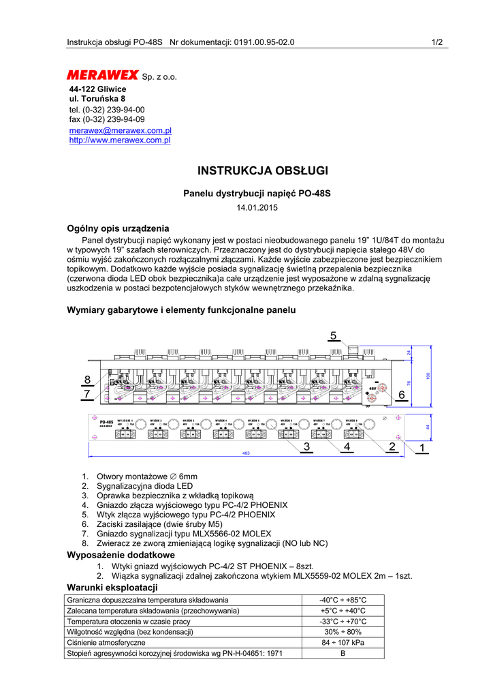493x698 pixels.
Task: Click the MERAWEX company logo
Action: pyautogui.click(x=102, y=75)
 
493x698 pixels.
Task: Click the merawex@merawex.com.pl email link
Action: pyautogui.click(x=120, y=130)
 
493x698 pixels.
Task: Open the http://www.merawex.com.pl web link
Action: pyautogui.click(x=120, y=140)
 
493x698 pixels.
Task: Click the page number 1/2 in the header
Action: pyautogui.click(x=437, y=42)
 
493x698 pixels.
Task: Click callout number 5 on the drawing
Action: pyautogui.click(x=334, y=335)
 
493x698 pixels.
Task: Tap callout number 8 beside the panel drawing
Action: pyautogui.click(x=87, y=380)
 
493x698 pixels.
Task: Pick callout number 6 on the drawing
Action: pyautogui.click(x=401, y=395)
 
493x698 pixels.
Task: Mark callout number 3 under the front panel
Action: pyautogui.click(x=307, y=447)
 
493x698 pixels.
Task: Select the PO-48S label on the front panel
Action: pyautogui.click(x=106, y=423)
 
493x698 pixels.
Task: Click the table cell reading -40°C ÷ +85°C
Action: pyautogui.click(x=343, y=600)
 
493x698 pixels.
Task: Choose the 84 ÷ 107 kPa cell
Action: pyautogui.click(x=343, y=643)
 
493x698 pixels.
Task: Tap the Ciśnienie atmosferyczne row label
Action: pyautogui.click(x=106, y=643)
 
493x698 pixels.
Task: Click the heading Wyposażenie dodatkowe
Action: pyautogui.click(x=121, y=556)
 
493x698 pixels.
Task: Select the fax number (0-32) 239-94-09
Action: pyautogui.click(x=114, y=119)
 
